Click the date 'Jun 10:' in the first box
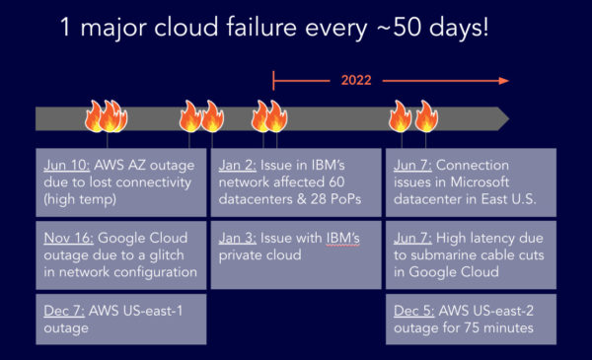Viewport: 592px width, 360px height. [67, 164]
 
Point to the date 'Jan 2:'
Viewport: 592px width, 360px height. [238, 164]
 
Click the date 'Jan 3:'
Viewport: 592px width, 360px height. [238, 237]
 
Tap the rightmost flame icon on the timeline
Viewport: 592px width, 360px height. [425, 116]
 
